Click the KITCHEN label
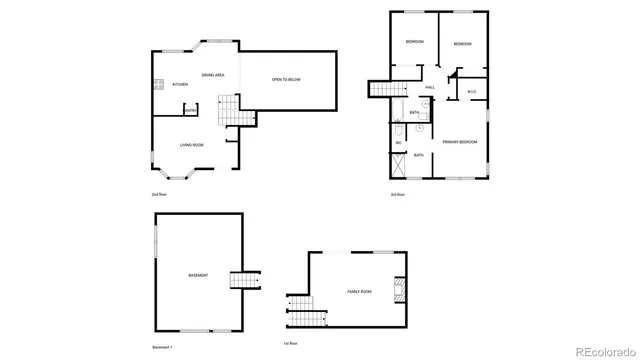(x=180, y=85)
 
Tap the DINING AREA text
(x=212, y=75)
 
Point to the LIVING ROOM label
(x=192, y=146)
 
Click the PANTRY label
(x=190, y=111)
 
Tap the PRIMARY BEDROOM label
(x=460, y=142)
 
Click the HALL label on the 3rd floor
(x=430, y=88)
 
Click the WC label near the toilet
(x=398, y=143)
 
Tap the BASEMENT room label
(x=198, y=274)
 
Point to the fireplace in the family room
(x=400, y=289)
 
